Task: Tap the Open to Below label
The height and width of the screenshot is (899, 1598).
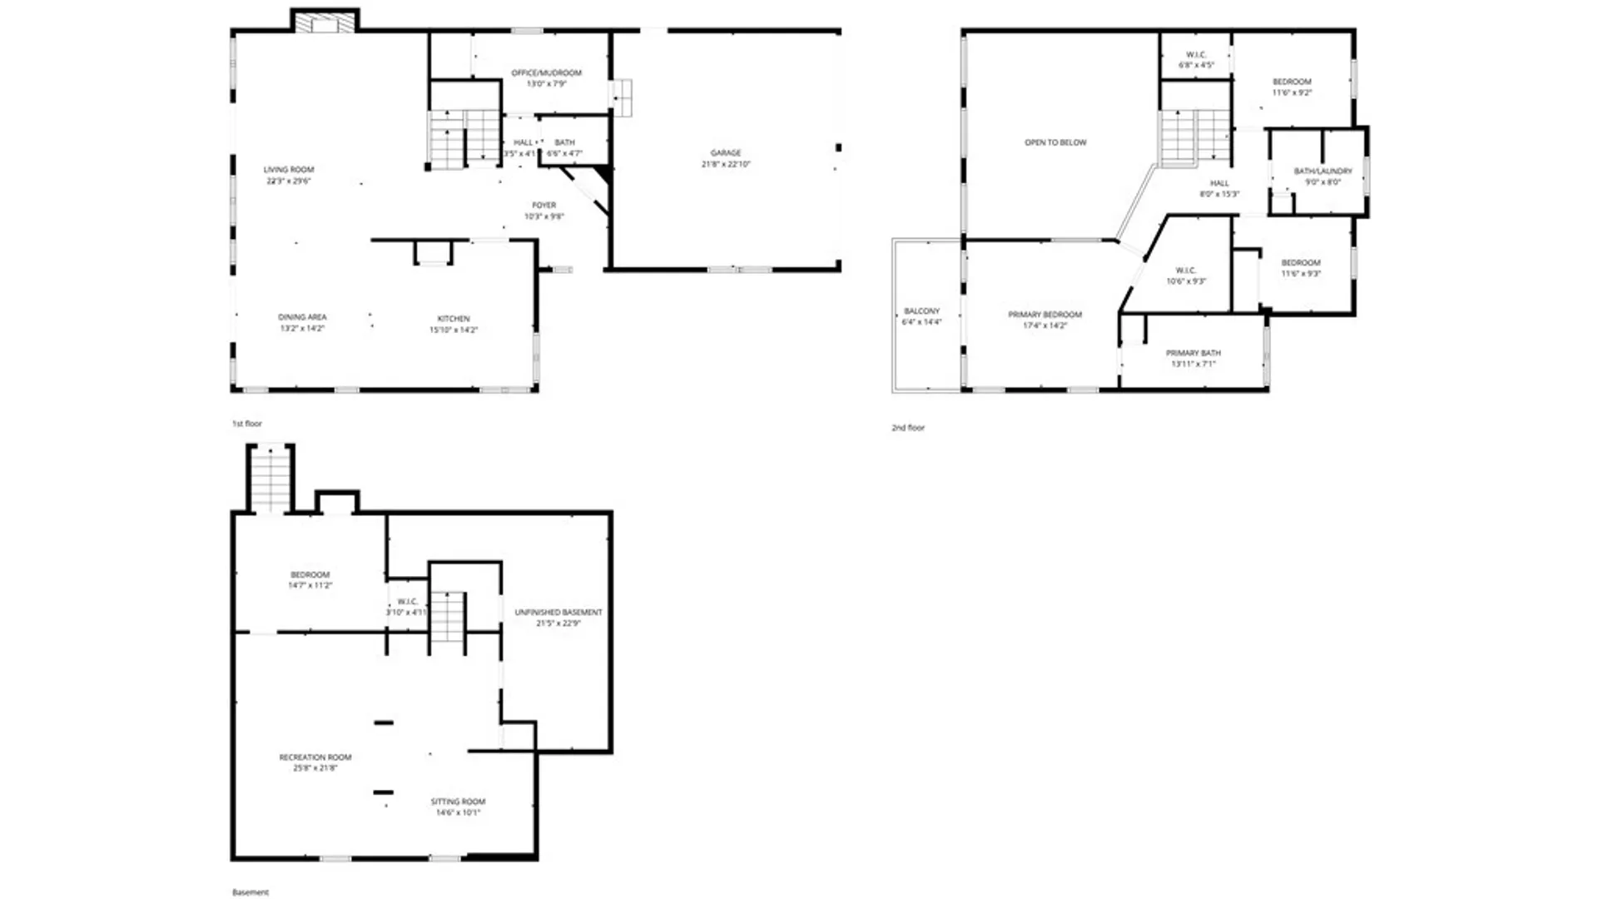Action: (1055, 142)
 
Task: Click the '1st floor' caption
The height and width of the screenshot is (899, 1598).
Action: (246, 424)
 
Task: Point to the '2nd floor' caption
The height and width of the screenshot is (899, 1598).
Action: (908, 428)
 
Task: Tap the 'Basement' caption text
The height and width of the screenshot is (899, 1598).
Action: (250, 892)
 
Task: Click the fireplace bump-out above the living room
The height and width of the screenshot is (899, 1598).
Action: (325, 22)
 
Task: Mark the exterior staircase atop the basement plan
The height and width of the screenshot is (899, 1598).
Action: (270, 479)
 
